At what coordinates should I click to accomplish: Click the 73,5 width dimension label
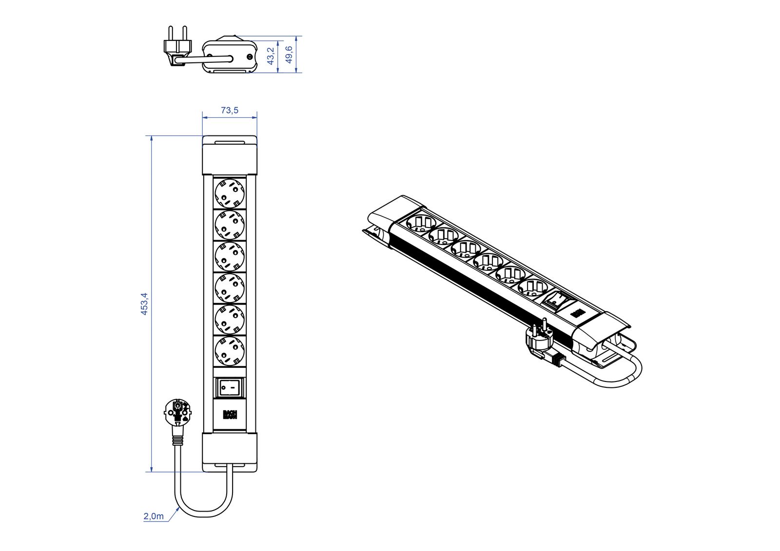[230, 110]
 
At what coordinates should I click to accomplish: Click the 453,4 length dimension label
[144, 304]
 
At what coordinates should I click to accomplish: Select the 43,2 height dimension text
[271, 56]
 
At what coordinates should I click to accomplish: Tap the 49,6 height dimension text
[289, 55]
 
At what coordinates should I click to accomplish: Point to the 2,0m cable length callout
[154, 516]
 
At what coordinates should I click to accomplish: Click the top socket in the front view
[230, 193]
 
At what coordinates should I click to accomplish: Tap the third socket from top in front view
[230, 256]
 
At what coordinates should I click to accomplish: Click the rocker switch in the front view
[230, 388]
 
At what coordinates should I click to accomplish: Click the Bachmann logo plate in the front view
[230, 415]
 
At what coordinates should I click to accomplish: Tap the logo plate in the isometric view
[578, 313]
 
